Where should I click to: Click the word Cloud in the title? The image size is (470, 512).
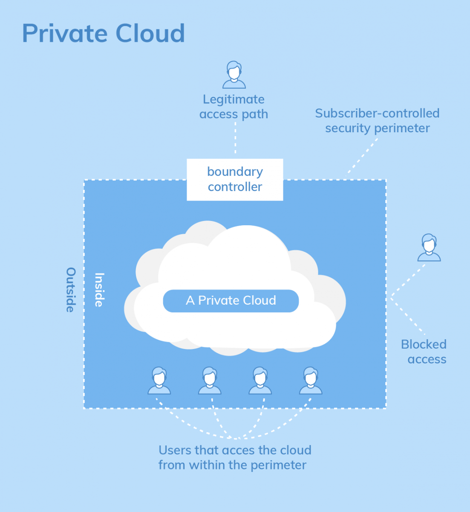pyautogui.click(x=150, y=33)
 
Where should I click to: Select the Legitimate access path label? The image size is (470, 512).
pyautogui.click(x=234, y=107)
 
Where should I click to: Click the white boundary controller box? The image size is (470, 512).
pyautogui.click(x=235, y=179)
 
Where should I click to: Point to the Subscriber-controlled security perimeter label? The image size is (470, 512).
pyautogui.click(x=377, y=120)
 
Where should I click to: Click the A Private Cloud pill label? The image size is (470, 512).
pyautogui.click(x=231, y=301)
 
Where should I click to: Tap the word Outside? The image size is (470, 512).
pyautogui.click(x=71, y=290)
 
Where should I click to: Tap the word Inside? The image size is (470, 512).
pyautogui.click(x=99, y=290)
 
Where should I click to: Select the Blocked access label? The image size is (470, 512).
pyautogui.click(x=424, y=352)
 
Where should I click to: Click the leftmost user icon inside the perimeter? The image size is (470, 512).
pyautogui.click(x=159, y=381)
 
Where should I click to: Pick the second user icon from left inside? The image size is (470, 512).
pyautogui.click(x=210, y=381)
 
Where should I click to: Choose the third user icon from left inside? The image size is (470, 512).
pyautogui.click(x=260, y=381)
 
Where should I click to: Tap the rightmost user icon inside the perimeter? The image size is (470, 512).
pyautogui.click(x=311, y=381)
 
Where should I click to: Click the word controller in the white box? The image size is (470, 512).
pyautogui.click(x=235, y=187)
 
